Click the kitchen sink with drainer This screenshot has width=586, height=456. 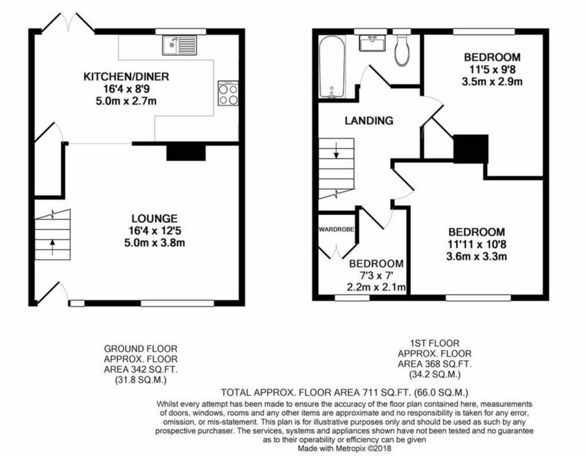179,45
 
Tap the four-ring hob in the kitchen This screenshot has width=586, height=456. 228,93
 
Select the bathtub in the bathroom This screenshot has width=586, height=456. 332,67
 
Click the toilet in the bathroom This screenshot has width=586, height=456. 401,51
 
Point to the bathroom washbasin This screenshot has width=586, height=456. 372,43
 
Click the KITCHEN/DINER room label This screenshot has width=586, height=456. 126,77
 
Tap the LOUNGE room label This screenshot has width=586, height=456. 155,219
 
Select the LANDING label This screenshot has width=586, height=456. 369,120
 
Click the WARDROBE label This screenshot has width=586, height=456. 336,229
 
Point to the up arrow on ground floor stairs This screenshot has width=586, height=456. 52,247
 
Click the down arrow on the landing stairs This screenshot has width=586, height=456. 336,150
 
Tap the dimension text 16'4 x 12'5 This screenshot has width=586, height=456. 155,231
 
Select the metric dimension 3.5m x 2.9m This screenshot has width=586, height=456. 492,81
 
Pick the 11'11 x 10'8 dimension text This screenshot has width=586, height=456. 477,244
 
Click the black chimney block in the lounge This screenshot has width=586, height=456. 186,153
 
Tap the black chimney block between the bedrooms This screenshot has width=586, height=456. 471,149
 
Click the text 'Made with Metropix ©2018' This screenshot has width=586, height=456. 344,448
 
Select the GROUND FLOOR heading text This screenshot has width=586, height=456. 141,349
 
